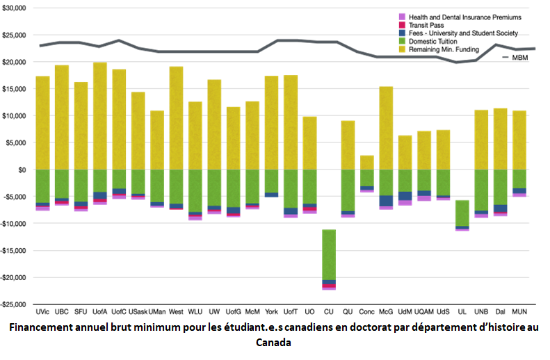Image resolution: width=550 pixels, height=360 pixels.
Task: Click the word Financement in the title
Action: point(40,328)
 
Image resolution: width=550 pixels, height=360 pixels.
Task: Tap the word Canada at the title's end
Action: point(274,343)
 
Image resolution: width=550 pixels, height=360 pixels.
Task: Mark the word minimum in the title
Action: point(158,328)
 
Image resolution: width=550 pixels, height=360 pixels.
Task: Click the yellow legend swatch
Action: point(403,49)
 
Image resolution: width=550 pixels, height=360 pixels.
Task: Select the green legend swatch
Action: point(403,41)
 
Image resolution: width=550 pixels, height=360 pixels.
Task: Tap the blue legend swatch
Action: point(403,33)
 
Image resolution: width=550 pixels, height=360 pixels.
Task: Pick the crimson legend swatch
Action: point(403,24)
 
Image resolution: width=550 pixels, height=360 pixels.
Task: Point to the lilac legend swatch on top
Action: point(403,16)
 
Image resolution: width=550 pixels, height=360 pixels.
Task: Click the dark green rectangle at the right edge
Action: point(540,208)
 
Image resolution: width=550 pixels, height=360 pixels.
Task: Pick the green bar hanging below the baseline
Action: point(329,254)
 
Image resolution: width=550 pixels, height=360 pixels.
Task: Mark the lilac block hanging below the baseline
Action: point(462,238)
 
